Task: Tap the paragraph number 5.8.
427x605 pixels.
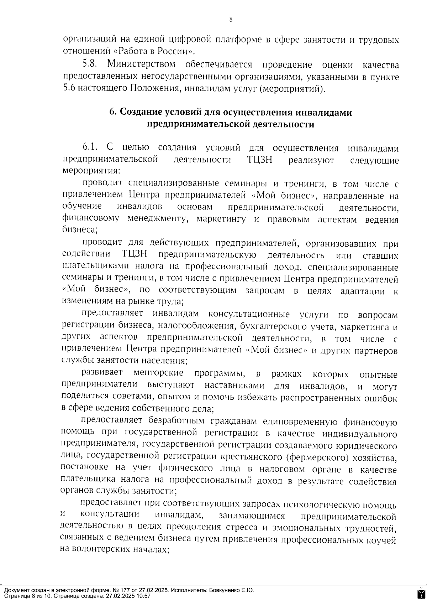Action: pyautogui.click(x=90, y=65)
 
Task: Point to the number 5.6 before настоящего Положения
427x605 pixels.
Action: pyautogui.click(x=69, y=88)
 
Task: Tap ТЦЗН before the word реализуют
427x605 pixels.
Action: pyautogui.click(x=259, y=160)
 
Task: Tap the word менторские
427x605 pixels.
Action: pyautogui.click(x=158, y=373)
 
